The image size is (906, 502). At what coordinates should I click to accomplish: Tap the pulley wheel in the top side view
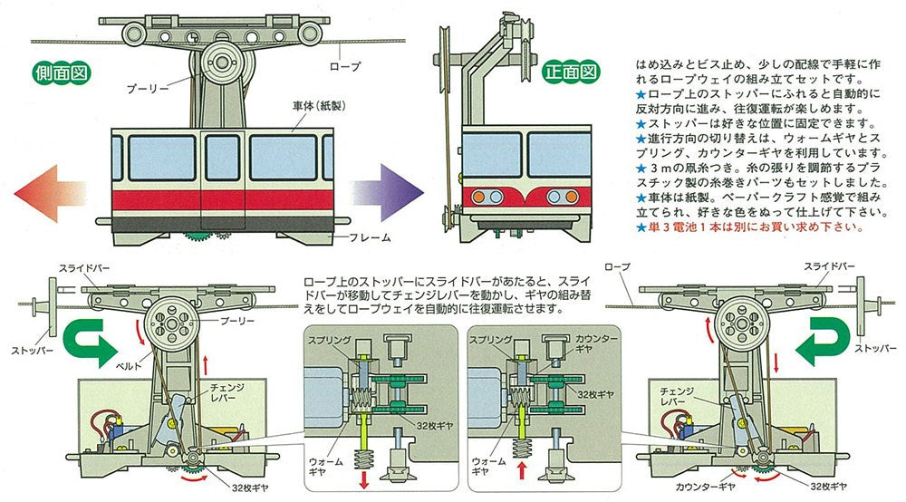[x=219, y=64]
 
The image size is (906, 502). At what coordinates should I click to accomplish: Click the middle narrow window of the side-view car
[x=221, y=156]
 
